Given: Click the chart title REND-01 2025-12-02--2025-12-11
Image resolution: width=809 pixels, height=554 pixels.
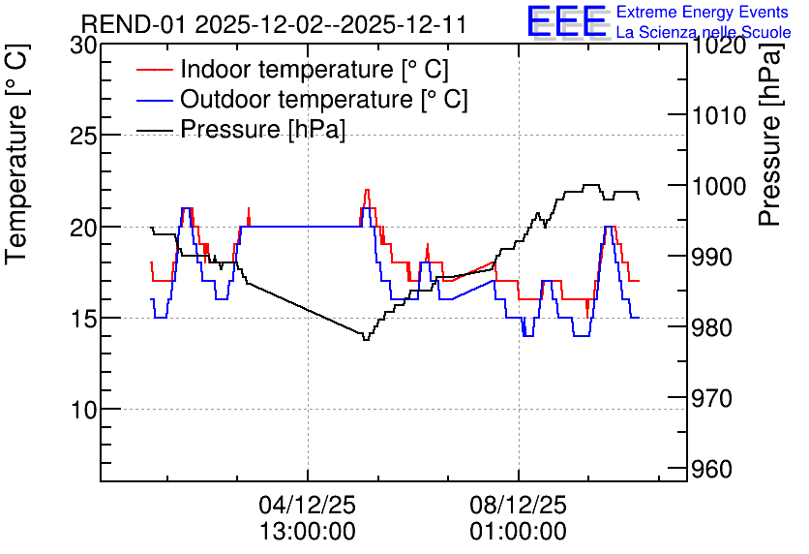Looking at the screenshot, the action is tap(274, 24).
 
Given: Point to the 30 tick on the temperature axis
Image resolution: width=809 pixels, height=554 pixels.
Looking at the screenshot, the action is tap(83, 46).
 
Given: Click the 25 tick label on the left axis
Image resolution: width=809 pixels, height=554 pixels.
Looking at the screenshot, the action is tap(83, 137).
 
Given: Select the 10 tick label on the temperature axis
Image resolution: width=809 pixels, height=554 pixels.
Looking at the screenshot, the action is tap(83, 411).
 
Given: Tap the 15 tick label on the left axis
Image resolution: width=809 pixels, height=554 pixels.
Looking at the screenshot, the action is tap(83, 319).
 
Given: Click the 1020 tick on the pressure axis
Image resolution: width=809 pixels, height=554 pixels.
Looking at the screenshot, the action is tap(718, 46).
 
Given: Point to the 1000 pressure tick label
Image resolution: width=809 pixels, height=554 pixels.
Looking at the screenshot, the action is tap(718, 186).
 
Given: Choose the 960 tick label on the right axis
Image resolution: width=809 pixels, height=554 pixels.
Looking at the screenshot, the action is tap(711, 470).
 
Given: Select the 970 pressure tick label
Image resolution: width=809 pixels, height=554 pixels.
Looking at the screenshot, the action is tap(711, 399).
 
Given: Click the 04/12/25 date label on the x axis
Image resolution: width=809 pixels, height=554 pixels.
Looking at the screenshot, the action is tap(308, 505).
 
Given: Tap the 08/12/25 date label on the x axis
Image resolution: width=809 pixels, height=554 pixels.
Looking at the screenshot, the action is tap(518, 505).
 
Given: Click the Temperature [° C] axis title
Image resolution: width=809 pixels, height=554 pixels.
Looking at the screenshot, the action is tap(16, 154).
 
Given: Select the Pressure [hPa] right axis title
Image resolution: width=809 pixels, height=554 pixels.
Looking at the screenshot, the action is tap(771, 135).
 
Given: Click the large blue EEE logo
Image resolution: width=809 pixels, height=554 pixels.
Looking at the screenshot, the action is tap(566, 21).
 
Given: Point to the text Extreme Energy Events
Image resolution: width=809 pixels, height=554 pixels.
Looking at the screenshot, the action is tap(703, 12).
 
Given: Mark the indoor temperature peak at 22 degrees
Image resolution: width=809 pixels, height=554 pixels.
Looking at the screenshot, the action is tap(367, 190).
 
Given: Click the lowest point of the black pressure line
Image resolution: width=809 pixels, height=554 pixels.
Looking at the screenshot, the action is tap(366, 339).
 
